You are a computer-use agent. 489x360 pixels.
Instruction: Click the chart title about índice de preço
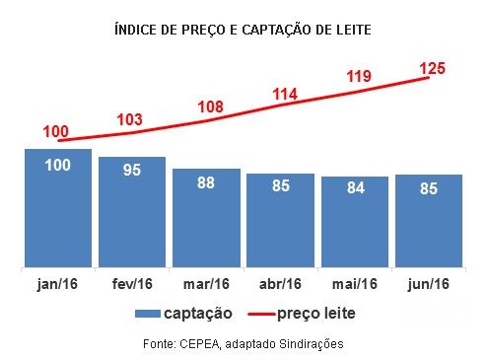pyautogui.click(x=244, y=31)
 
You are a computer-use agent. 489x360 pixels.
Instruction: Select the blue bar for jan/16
pyautogui.click(x=57, y=212)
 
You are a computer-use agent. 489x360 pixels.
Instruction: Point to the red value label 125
pyautogui.click(x=433, y=68)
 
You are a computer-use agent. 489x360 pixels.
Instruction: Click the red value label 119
pyautogui.click(x=358, y=76)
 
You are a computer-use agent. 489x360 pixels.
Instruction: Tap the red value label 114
pyautogui.click(x=283, y=94)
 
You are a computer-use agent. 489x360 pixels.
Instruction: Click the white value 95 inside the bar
pyautogui.click(x=132, y=171)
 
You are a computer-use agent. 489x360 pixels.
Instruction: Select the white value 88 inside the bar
pyautogui.click(x=206, y=182)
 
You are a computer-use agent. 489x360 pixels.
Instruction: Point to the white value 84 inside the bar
pyautogui.click(x=355, y=188)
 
